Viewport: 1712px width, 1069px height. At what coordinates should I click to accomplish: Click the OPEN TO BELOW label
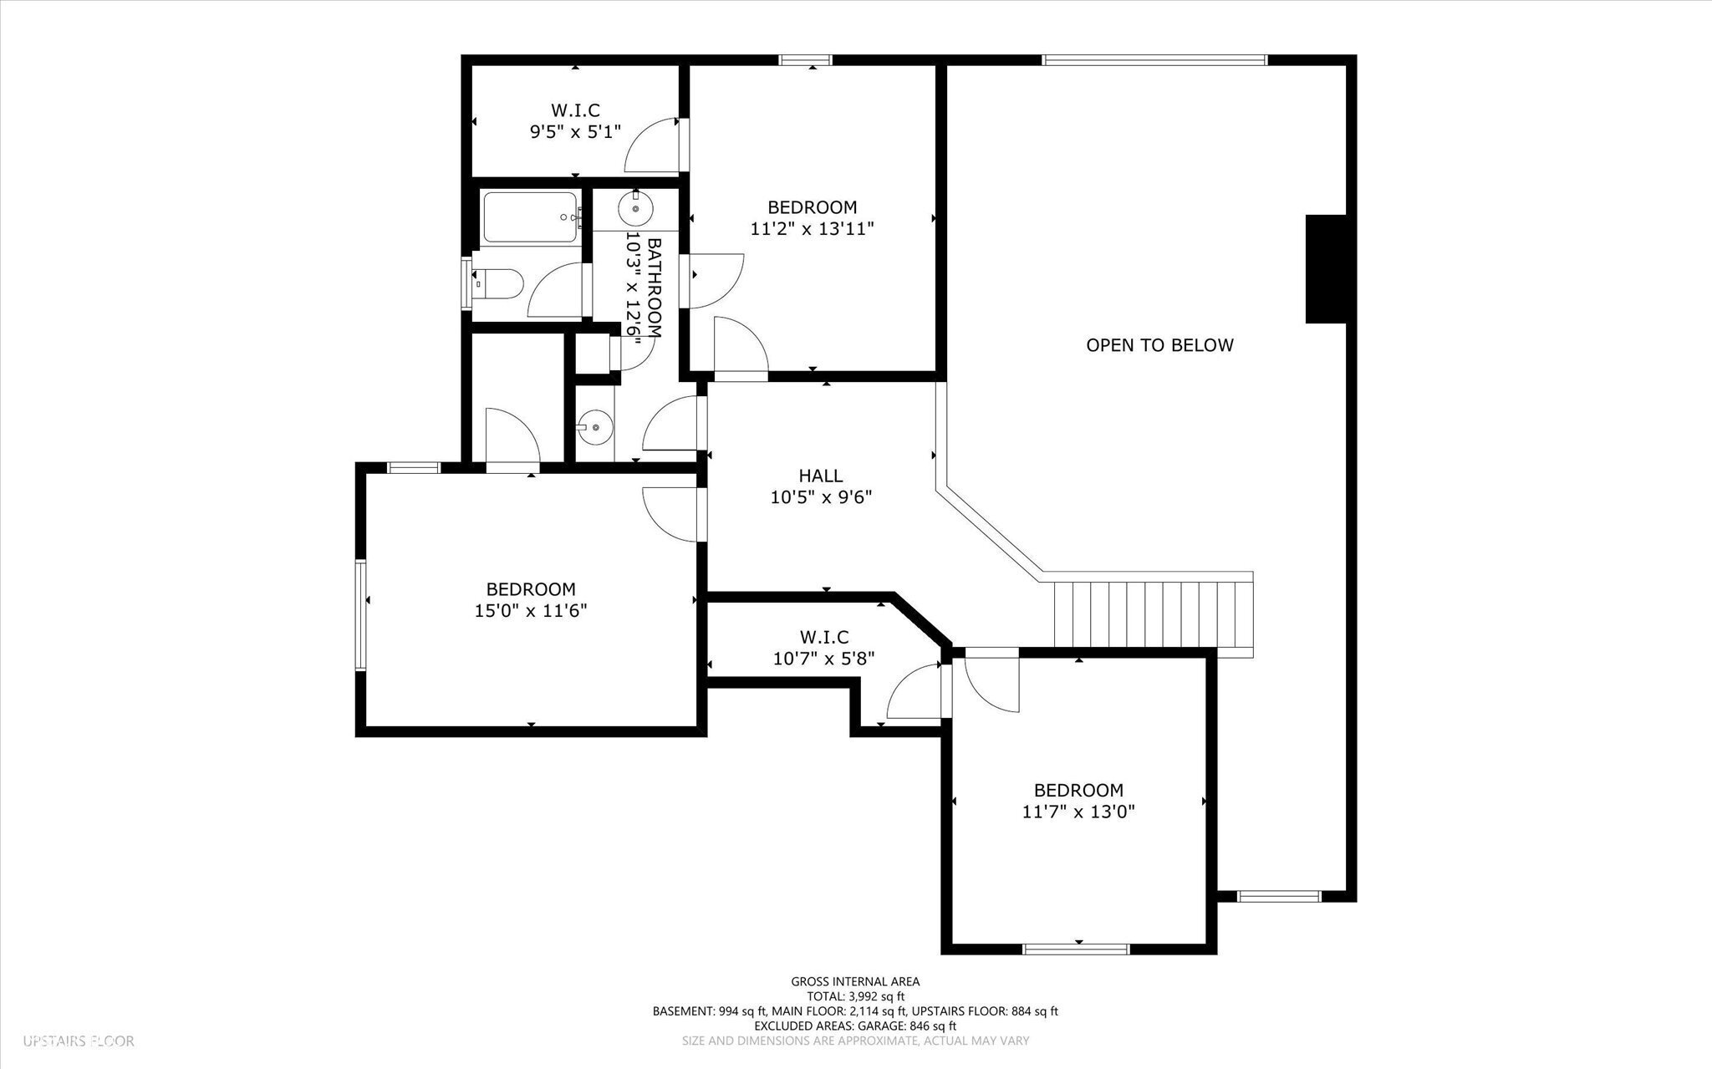[x=1159, y=345]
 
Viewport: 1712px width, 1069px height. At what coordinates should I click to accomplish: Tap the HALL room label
[x=820, y=476]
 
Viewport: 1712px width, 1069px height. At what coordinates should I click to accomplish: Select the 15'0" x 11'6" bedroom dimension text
[x=531, y=611]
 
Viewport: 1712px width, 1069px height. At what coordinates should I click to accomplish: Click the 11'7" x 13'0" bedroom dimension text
[x=1078, y=812]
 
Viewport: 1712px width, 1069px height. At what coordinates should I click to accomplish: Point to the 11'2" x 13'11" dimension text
[x=812, y=228]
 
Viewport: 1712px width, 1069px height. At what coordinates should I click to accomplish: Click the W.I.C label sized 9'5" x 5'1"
[x=575, y=110]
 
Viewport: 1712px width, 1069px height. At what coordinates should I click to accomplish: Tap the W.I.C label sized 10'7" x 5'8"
[x=823, y=637]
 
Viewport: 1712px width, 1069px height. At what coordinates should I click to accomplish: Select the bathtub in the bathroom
[x=531, y=217]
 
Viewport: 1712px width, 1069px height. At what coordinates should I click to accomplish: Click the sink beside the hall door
[x=595, y=428]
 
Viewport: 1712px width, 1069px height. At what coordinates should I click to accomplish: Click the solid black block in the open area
[x=1326, y=269]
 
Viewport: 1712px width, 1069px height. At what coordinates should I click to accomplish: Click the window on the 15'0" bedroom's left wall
[x=361, y=614]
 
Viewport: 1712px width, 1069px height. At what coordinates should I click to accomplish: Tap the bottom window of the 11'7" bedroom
[x=1077, y=949]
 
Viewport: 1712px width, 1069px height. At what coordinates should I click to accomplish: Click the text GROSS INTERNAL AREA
[x=855, y=981]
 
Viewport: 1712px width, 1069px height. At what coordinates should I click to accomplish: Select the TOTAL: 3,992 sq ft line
[x=855, y=996]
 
